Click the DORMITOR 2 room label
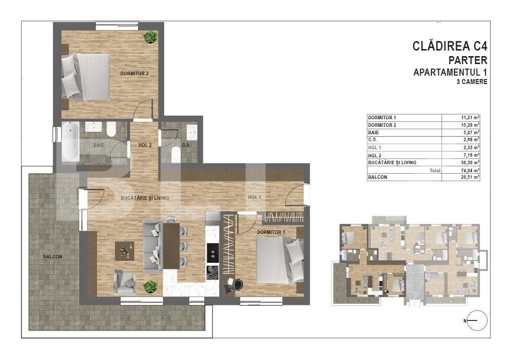tap(134, 74)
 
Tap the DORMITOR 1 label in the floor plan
tap(271, 232)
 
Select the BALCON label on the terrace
tap(53, 256)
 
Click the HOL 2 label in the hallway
tap(145, 145)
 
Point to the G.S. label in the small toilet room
tap(186, 145)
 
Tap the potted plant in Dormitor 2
tap(150, 37)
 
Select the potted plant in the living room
tap(150, 286)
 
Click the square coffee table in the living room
tap(124, 251)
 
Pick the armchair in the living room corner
tap(124, 281)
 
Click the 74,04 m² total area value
tap(470, 170)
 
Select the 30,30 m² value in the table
tap(470, 162)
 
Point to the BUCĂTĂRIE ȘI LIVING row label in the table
tap(392, 162)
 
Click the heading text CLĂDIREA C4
tap(449, 47)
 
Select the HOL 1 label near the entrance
tap(254, 197)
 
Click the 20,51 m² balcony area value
tap(470, 177)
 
